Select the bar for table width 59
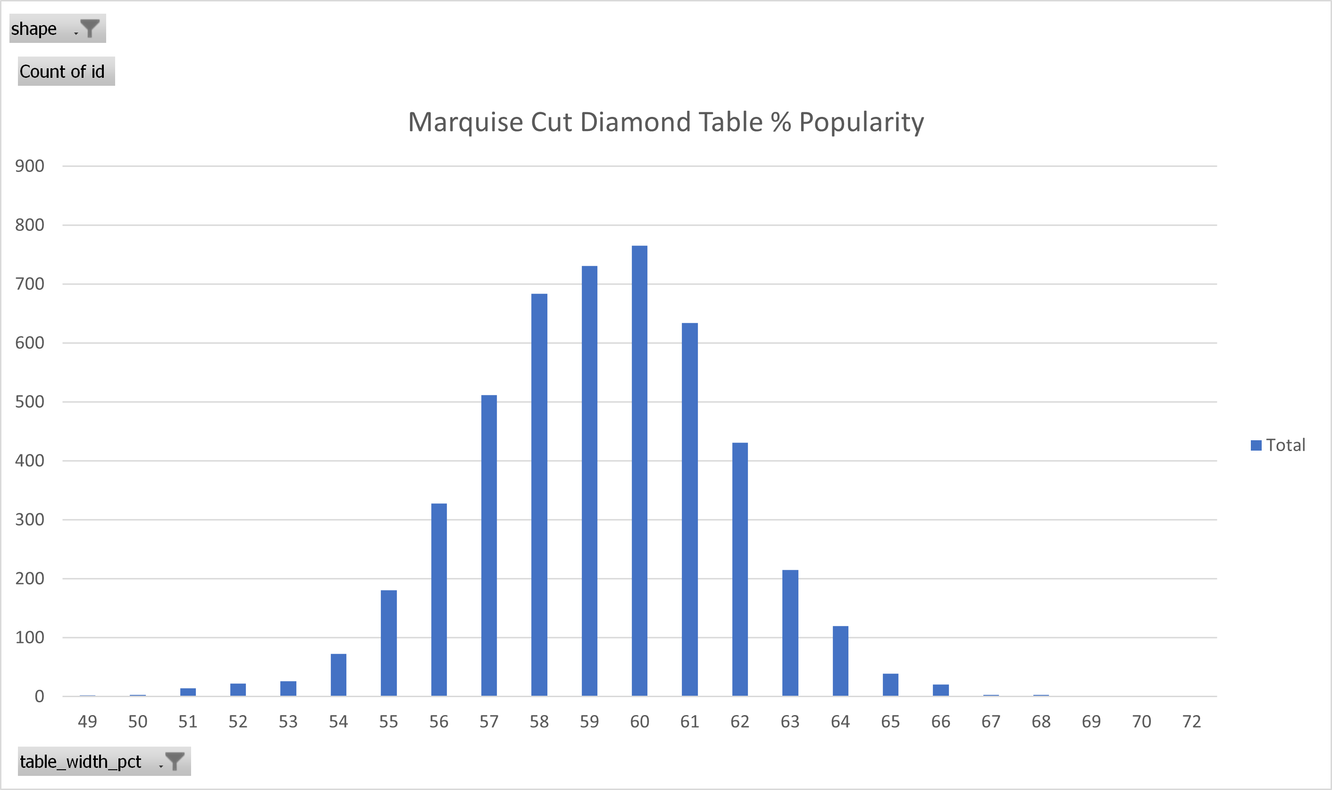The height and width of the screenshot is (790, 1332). pyautogui.click(x=589, y=481)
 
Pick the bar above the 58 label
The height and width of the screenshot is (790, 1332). pyautogui.click(x=539, y=494)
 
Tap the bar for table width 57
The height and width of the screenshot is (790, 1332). pyautogui.click(x=489, y=546)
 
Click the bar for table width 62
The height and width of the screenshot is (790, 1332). pyautogui.click(x=740, y=569)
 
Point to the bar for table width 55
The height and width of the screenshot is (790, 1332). pyautogui.click(x=388, y=643)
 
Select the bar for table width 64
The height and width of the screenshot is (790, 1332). pyautogui.click(x=840, y=661)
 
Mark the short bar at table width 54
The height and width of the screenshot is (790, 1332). pyautogui.click(x=338, y=675)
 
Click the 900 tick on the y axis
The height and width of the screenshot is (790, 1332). pyautogui.click(x=30, y=166)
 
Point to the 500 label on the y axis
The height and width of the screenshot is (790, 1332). pyautogui.click(x=30, y=402)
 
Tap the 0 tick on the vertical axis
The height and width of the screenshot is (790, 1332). pyautogui.click(x=40, y=696)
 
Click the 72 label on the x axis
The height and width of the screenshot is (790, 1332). pyautogui.click(x=1192, y=721)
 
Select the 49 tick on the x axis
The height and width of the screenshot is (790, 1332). pyautogui.click(x=87, y=721)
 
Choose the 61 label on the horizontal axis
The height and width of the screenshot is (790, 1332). pyautogui.click(x=690, y=721)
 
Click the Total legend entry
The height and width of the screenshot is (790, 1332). pyautogui.click(x=1278, y=445)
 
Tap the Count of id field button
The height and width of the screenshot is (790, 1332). pyautogui.click(x=66, y=71)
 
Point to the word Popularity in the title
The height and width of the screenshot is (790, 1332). pyautogui.click(x=862, y=123)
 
